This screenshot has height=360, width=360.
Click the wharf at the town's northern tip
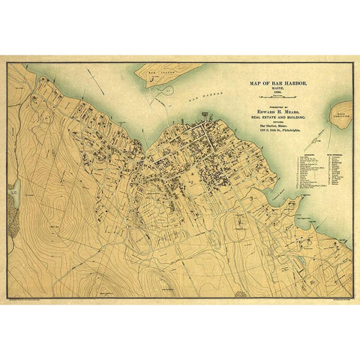click(204, 114)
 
